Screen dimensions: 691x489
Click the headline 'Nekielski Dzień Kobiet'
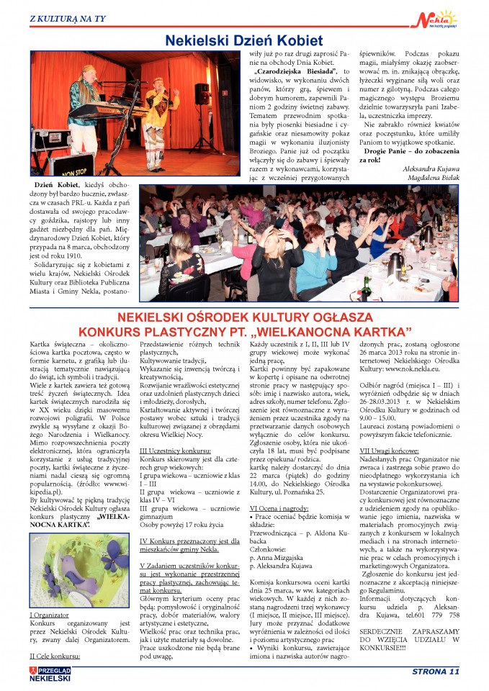tap(244, 40)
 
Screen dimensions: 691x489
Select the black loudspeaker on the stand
tap(203, 94)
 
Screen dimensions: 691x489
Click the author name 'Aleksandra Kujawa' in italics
tap(429, 166)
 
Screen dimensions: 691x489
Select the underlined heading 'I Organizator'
tap(49, 615)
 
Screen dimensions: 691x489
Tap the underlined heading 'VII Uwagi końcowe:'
tap(391, 450)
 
